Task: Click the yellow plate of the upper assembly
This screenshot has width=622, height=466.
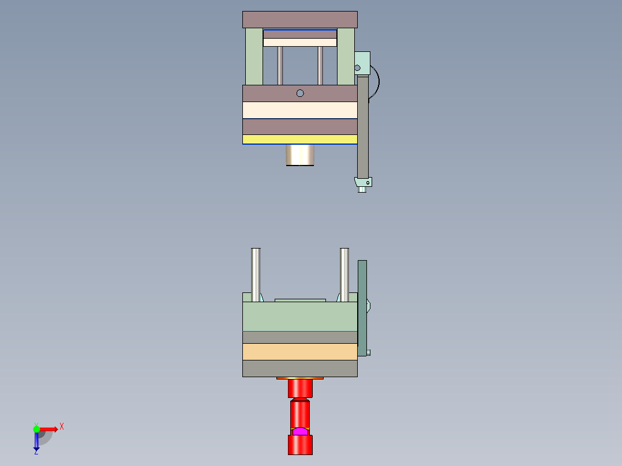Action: coord(299,139)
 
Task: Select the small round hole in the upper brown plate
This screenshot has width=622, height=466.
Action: coord(300,93)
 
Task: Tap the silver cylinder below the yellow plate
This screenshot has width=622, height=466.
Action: coord(300,155)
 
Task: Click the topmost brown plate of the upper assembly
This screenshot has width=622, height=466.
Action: coord(299,19)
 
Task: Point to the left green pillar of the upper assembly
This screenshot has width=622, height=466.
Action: coord(254,56)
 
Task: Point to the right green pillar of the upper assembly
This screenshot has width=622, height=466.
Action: coord(346,56)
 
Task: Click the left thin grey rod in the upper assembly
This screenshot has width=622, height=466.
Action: coord(280,65)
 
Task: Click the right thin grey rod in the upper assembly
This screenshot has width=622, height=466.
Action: coord(320,65)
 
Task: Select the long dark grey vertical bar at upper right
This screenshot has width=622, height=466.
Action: coord(363,127)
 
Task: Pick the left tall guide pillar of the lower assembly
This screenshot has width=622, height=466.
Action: coord(256,271)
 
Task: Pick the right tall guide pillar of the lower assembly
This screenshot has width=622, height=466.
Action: coord(344,271)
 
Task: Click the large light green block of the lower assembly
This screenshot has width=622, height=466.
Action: coord(299,317)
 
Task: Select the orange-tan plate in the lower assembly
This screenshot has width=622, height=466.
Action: coord(299,351)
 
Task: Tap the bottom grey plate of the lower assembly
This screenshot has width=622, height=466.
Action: coord(299,368)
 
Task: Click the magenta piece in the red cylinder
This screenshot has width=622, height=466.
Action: coord(300,431)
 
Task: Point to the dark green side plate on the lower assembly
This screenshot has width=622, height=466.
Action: coord(362,309)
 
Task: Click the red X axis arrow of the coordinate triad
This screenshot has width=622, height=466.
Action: coord(51,429)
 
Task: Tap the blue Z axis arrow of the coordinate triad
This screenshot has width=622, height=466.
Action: coord(36,442)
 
